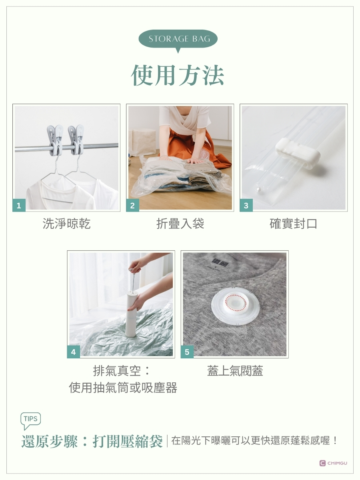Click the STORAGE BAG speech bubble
178,39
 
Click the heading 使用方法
178,75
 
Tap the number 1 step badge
19,205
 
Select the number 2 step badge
132,205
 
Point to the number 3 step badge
246,205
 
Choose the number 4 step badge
74,352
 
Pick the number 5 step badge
187,352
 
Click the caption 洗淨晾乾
66,224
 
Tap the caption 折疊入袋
180,224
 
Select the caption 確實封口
293,224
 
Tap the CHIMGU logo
333,463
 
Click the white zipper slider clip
298,153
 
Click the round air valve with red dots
235,304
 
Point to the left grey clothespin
55,140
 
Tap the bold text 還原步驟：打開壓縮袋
92,441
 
